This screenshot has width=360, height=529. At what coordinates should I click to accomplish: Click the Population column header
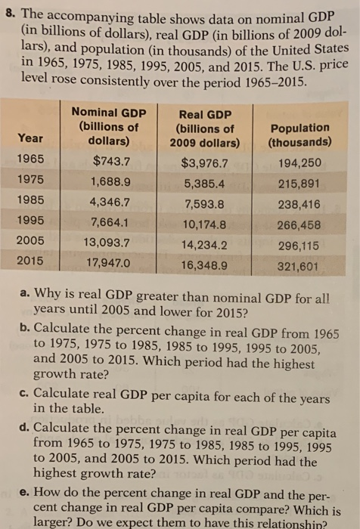(x=299, y=135)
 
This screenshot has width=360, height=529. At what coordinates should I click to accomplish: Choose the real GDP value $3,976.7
(x=204, y=162)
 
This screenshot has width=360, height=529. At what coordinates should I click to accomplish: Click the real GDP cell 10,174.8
(x=204, y=224)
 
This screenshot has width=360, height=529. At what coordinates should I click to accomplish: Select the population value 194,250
(x=299, y=163)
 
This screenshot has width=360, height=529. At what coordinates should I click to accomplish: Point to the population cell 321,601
(x=299, y=266)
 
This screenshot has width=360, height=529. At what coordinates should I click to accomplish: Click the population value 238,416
(x=299, y=204)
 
